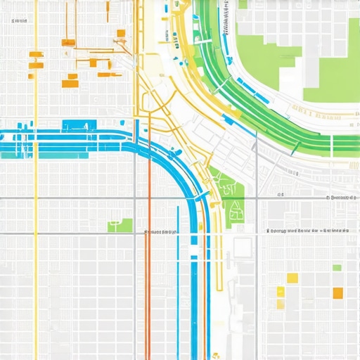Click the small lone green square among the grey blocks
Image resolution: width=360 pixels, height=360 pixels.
pos(337,268)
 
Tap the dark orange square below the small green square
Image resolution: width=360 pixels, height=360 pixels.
pos(337,292)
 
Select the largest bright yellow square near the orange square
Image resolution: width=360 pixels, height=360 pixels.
pos(292,278)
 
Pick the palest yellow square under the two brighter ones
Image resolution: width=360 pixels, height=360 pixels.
pos(281,304)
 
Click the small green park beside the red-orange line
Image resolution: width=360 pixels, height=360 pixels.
pos(120,225)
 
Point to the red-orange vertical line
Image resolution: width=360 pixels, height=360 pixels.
pos(148,281)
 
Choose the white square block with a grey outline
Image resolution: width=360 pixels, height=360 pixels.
pos(243,247)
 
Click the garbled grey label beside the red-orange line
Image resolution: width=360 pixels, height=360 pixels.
pos(160,231)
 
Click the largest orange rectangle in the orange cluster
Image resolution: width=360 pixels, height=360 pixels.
pos(70,84)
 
